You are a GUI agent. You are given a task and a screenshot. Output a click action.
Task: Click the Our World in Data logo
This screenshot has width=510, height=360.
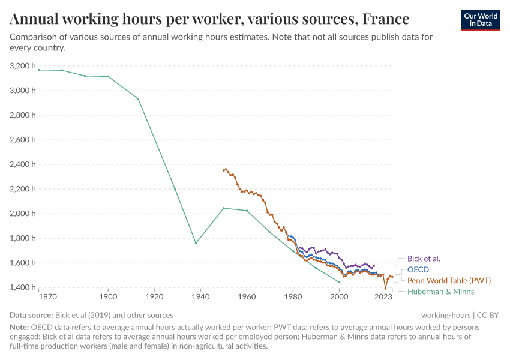(x=480, y=20)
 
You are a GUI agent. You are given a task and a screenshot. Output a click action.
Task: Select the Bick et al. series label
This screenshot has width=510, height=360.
(x=424, y=259)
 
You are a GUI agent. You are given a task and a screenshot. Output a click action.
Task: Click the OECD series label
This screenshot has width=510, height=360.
(x=418, y=269)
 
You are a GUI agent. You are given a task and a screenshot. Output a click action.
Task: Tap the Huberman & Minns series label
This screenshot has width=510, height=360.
(x=440, y=291)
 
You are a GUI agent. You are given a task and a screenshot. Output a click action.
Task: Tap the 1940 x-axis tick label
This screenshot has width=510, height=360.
(x=200, y=297)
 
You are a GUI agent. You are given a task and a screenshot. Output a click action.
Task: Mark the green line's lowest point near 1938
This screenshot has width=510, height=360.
(x=196, y=243)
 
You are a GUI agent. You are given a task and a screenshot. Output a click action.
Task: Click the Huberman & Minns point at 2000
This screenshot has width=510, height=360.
(x=340, y=282)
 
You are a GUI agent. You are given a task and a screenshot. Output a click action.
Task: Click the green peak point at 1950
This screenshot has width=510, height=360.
(x=223, y=208)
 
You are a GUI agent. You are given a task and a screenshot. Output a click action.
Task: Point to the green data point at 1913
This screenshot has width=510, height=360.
(x=138, y=99)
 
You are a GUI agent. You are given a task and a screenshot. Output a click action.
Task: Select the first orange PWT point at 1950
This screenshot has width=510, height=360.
(x=223, y=170)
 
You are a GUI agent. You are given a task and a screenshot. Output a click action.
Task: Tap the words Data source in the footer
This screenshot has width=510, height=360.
(x=31, y=315)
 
